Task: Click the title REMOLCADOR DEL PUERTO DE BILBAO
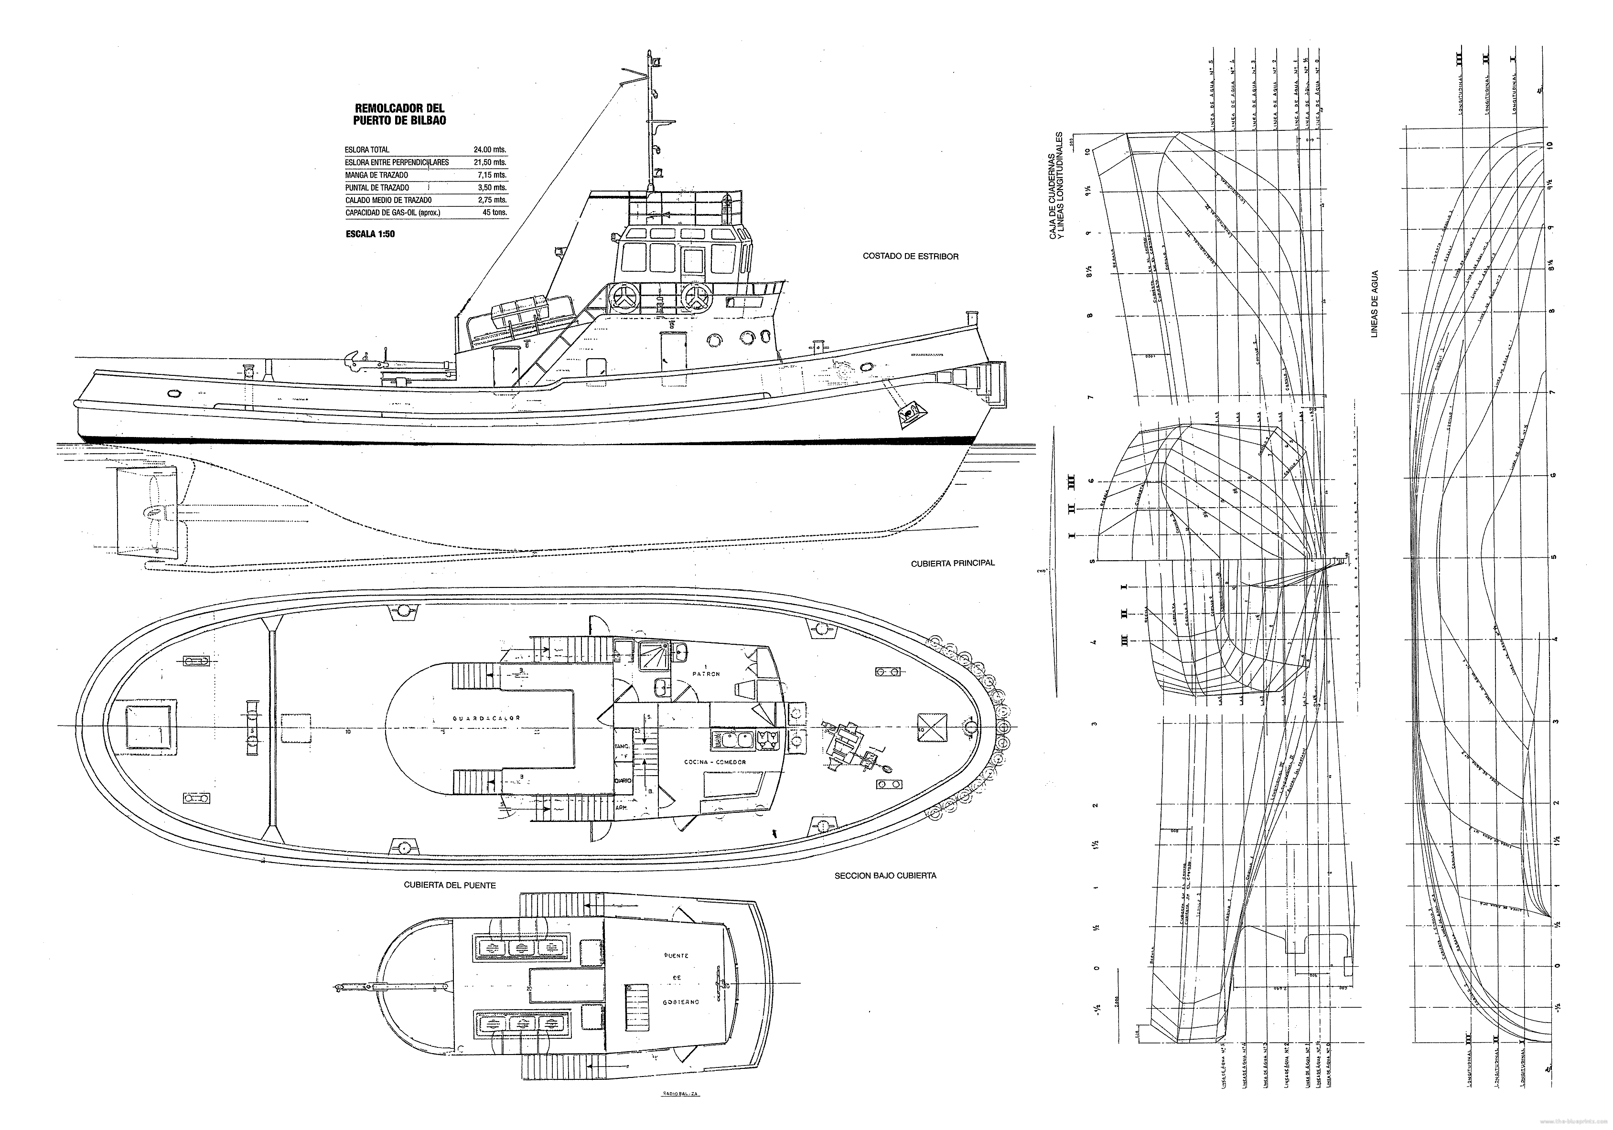400,115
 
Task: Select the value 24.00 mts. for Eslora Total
490,149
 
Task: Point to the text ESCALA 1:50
370,235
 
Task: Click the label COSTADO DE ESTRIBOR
911,256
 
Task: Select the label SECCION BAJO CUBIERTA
885,876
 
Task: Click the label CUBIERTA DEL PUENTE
450,885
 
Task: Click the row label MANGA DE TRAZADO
376,175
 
